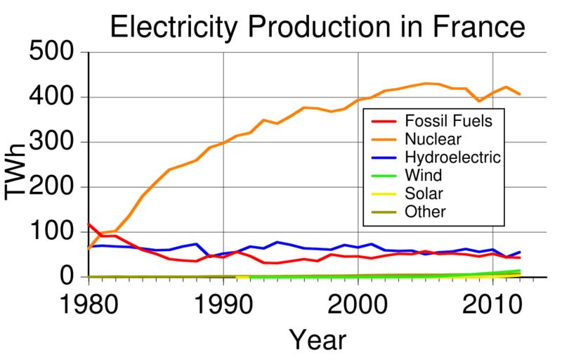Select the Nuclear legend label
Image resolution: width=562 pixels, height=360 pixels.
tap(427, 138)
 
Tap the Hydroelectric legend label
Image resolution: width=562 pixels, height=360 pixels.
tap(452, 156)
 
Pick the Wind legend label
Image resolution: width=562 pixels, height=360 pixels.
tap(421, 174)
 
